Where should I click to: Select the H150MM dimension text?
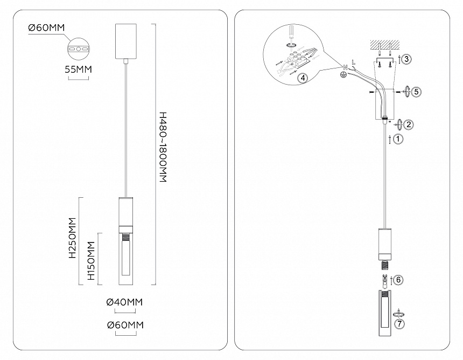tap(91, 262)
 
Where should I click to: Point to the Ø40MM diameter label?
tap(125, 303)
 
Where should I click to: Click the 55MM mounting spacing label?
tap(78, 70)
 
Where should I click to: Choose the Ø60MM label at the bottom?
tap(125, 325)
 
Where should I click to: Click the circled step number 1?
tap(397, 139)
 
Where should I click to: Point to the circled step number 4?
tap(303, 78)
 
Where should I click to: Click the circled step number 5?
tap(416, 92)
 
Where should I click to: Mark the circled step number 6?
tap(398, 280)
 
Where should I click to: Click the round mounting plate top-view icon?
tap(79, 49)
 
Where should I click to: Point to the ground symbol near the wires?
tap(343, 76)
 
